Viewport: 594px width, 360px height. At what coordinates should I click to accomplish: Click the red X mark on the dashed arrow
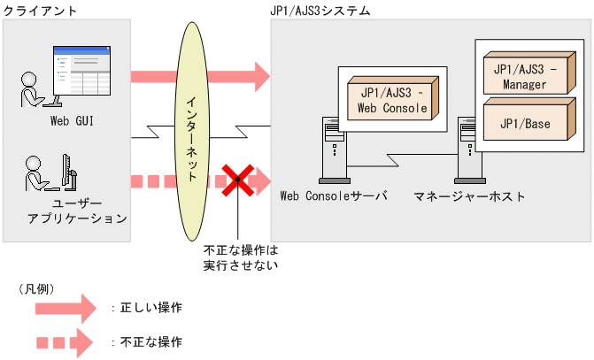click(236, 181)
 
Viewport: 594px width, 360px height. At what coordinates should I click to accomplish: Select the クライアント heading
click(40, 11)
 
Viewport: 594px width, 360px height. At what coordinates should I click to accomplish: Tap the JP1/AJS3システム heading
click(320, 11)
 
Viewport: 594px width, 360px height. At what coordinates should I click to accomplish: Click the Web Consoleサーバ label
click(334, 195)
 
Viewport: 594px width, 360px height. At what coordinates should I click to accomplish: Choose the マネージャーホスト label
click(469, 195)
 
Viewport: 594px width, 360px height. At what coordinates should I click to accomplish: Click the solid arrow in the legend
click(64, 309)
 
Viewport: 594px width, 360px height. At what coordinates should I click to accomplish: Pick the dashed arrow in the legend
click(64, 341)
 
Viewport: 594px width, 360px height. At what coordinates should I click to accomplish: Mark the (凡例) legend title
click(36, 288)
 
